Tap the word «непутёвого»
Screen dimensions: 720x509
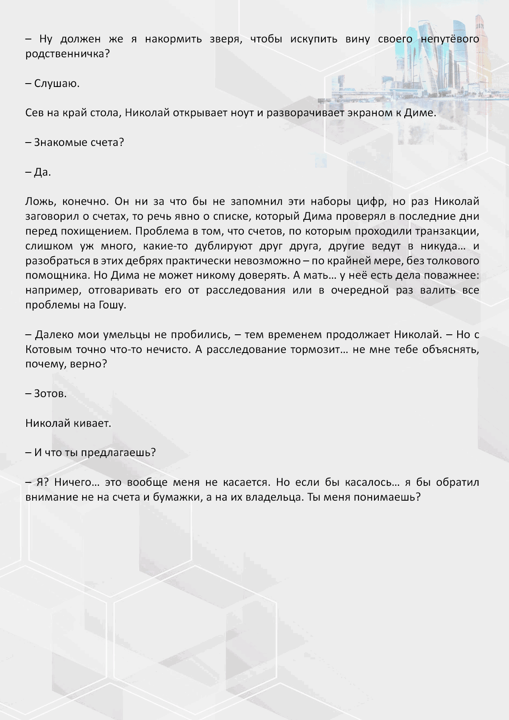click(x=450, y=39)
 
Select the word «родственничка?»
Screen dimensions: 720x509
click(x=67, y=54)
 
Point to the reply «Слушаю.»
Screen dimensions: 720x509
click(x=57, y=84)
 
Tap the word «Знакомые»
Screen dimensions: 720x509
click(x=61, y=143)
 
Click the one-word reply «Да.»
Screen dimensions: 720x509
click(x=42, y=172)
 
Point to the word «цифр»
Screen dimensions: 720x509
click(x=369, y=202)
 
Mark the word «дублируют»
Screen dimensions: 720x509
click(x=223, y=246)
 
